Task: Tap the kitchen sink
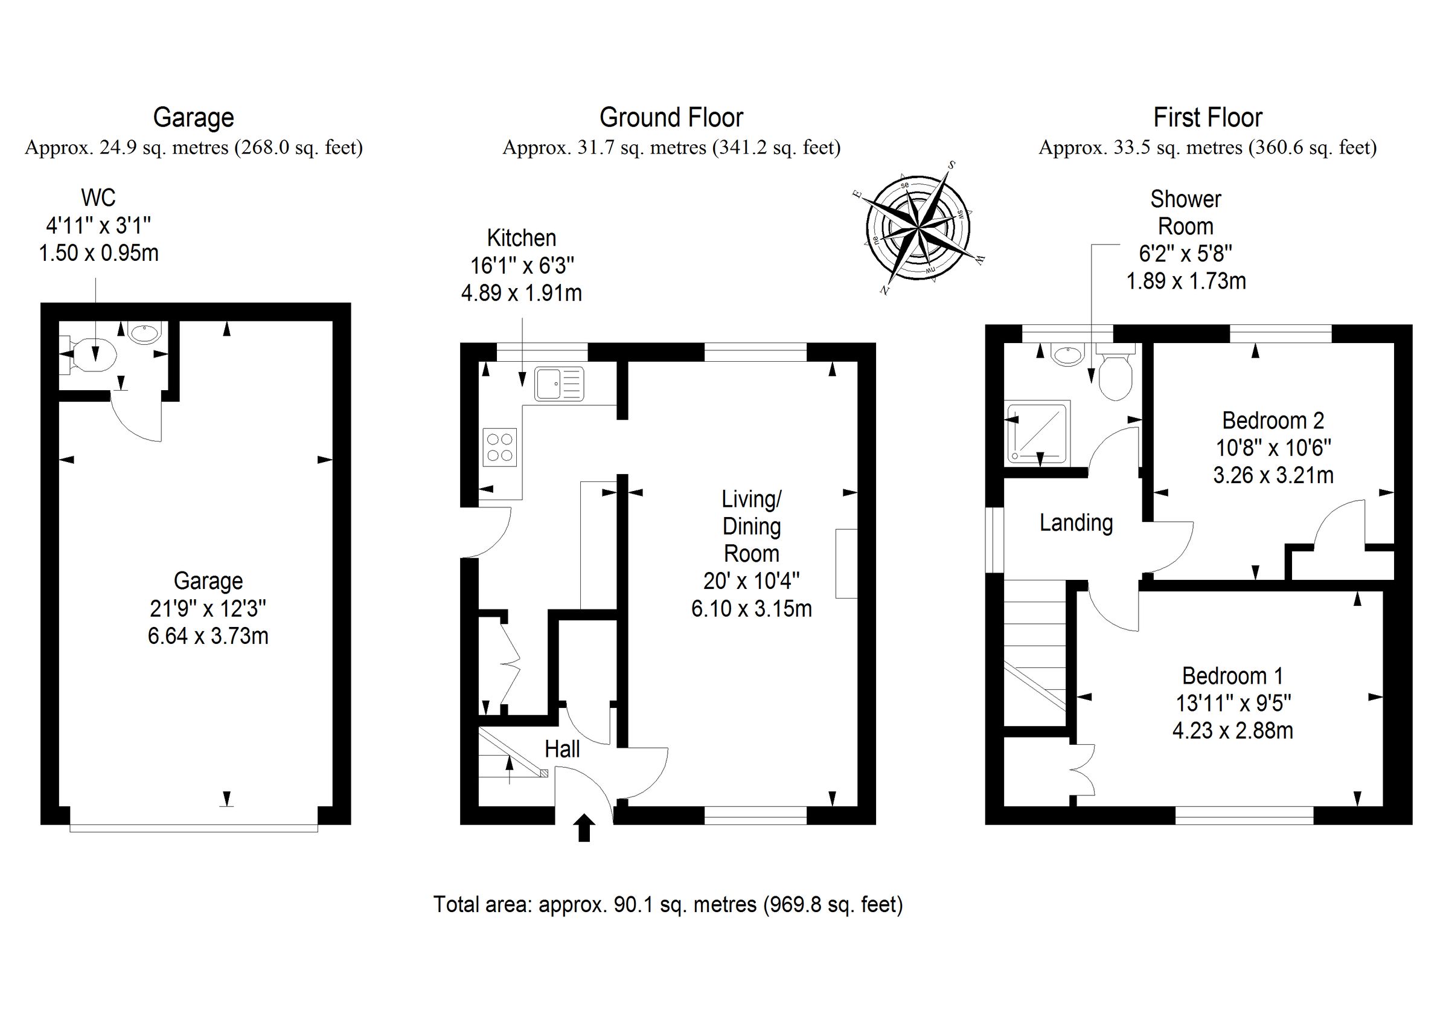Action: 559,385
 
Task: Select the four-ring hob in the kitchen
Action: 500,447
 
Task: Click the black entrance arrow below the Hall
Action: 584,827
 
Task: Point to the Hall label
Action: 561,750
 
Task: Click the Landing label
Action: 1076,523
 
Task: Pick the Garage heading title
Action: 194,117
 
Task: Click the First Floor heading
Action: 1207,117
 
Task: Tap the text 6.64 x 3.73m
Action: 208,635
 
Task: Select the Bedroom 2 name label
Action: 1273,420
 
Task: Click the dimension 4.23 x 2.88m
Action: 1232,731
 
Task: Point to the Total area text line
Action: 668,904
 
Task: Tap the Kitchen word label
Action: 521,238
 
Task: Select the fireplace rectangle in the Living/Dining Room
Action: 846,564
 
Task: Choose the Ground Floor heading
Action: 671,117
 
